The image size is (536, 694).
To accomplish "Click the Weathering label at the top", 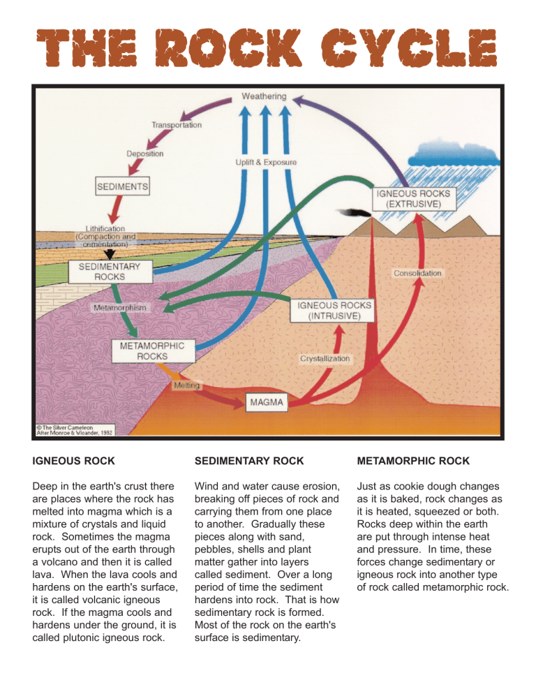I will [264, 96].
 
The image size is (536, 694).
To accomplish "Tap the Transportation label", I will [177, 126].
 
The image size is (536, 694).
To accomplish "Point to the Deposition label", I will [145, 154].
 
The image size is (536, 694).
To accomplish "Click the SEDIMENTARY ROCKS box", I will [110, 272].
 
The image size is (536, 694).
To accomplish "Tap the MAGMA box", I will [267, 402].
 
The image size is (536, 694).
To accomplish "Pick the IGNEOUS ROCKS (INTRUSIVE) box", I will [335, 310].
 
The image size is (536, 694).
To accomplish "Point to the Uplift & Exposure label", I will [266, 162].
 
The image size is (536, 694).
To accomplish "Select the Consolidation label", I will [418, 273].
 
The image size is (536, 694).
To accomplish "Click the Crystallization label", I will [325, 358].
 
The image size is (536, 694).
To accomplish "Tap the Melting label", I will [186, 385].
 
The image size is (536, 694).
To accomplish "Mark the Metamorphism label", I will [119, 307].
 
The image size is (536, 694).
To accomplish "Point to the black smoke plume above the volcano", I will [352, 212].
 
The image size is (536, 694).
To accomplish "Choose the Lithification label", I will [105, 228].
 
